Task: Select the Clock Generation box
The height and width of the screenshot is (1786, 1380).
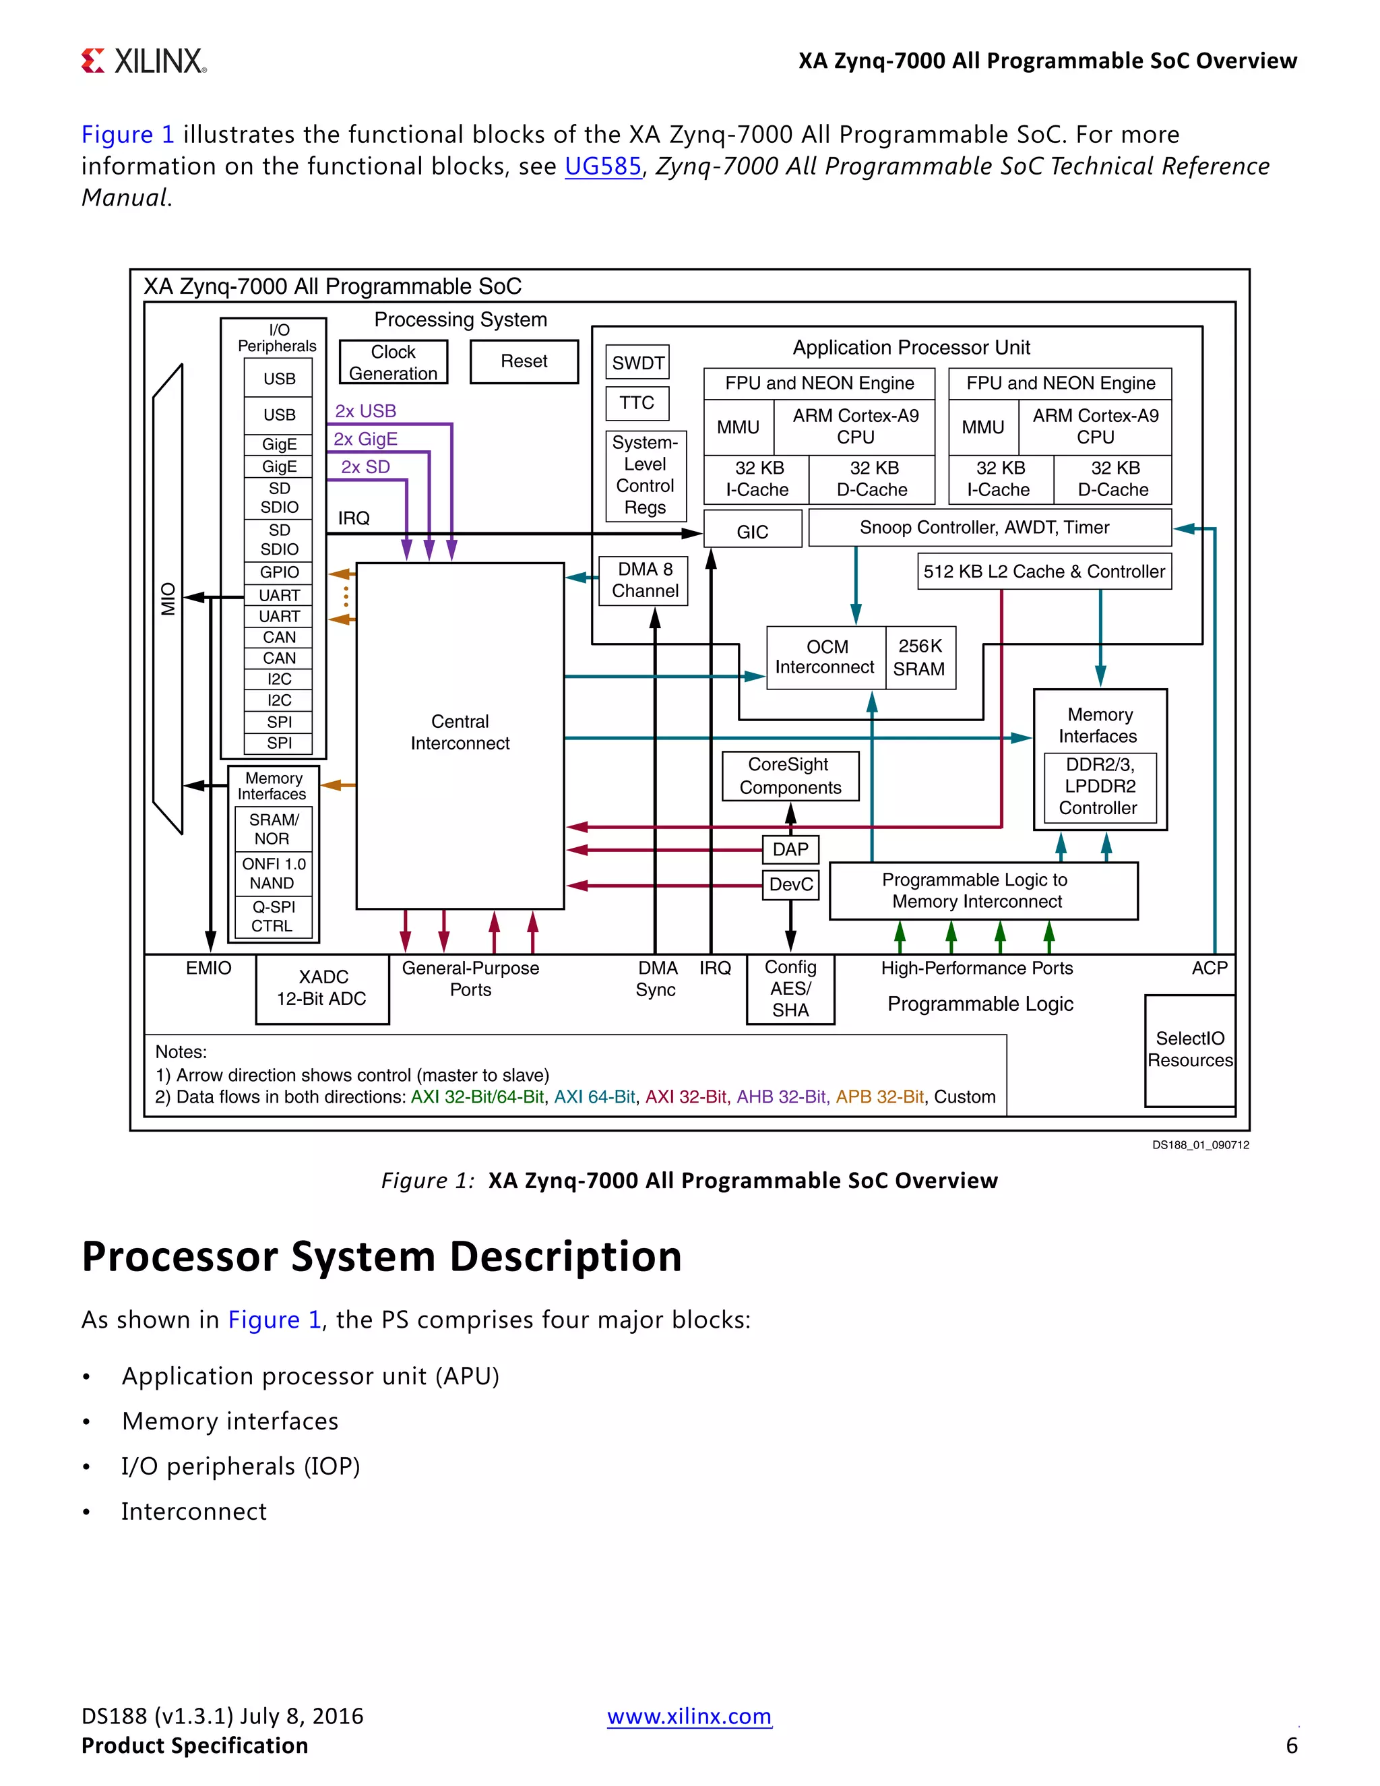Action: click(x=394, y=363)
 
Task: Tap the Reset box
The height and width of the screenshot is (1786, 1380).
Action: click(x=524, y=361)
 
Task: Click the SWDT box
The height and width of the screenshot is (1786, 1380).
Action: click(x=637, y=363)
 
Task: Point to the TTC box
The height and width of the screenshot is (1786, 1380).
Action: click(x=637, y=403)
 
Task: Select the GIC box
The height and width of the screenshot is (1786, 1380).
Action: click(x=752, y=532)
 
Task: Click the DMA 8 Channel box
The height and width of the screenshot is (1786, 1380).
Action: click(x=644, y=580)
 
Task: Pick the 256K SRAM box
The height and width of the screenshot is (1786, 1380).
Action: click(x=919, y=658)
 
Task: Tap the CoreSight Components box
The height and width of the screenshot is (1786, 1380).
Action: click(x=790, y=776)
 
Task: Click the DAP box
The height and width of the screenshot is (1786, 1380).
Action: click(x=790, y=850)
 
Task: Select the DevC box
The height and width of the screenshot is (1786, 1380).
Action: click(x=790, y=885)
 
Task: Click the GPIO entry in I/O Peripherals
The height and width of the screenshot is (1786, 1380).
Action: click(x=279, y=572)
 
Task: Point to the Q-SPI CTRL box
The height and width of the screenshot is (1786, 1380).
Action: click(x=272, y=917)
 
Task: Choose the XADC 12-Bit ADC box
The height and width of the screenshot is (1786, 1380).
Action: click(x=322, y=989)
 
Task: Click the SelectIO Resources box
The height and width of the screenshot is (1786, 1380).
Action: click(x=1189, y=1050)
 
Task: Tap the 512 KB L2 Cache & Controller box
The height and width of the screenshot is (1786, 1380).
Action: click(x=1044, y=572)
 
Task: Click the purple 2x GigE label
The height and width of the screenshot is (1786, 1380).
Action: click(x=365, y=439)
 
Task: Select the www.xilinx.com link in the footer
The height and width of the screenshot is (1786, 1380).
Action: click(x=689, y=1716)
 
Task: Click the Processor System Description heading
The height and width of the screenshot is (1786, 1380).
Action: click(x=382, y=1257)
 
